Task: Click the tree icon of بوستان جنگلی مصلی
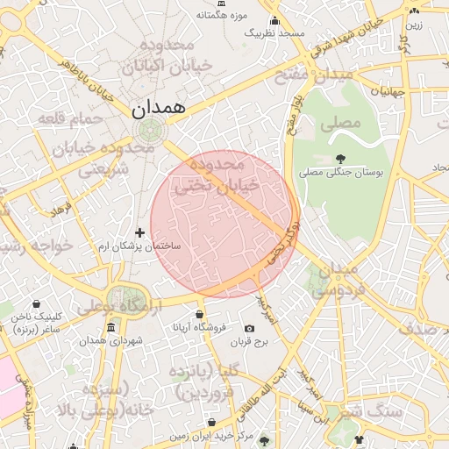tap(340, 158)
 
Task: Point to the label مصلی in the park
tap(339, 123)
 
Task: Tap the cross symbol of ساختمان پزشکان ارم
tap(139, 232)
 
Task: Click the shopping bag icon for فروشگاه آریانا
tap(200, 314)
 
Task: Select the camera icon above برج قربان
tap(250, 329)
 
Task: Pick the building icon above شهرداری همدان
tap(110, 328)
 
